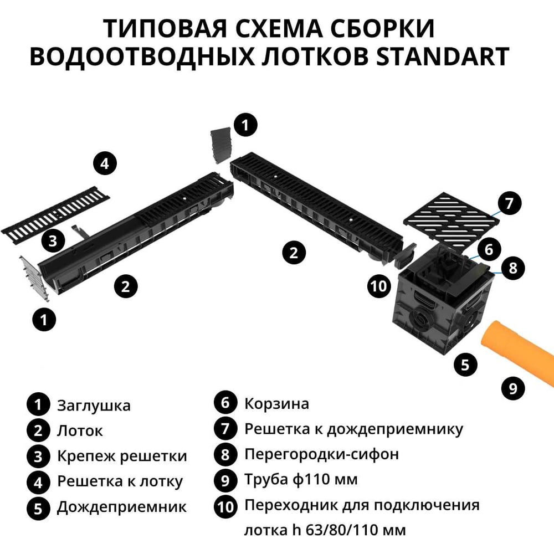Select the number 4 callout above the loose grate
(105, 163)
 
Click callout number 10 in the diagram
(379, 286)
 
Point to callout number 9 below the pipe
(513, 388)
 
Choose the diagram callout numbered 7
(509, 203)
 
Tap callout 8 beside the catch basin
(512, 268)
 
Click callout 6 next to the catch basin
(489, 249)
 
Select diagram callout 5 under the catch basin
(465, 365)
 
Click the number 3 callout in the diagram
(53, 242)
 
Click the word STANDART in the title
(442, 56)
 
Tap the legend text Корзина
(276, 403)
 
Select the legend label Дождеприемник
(121, 507)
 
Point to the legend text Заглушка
(94, 406)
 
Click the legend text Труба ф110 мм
(301, 479)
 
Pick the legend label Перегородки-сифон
(321, 454)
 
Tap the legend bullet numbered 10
(225, 506)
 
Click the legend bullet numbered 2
(38, 430)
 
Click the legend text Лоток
(80, 430)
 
